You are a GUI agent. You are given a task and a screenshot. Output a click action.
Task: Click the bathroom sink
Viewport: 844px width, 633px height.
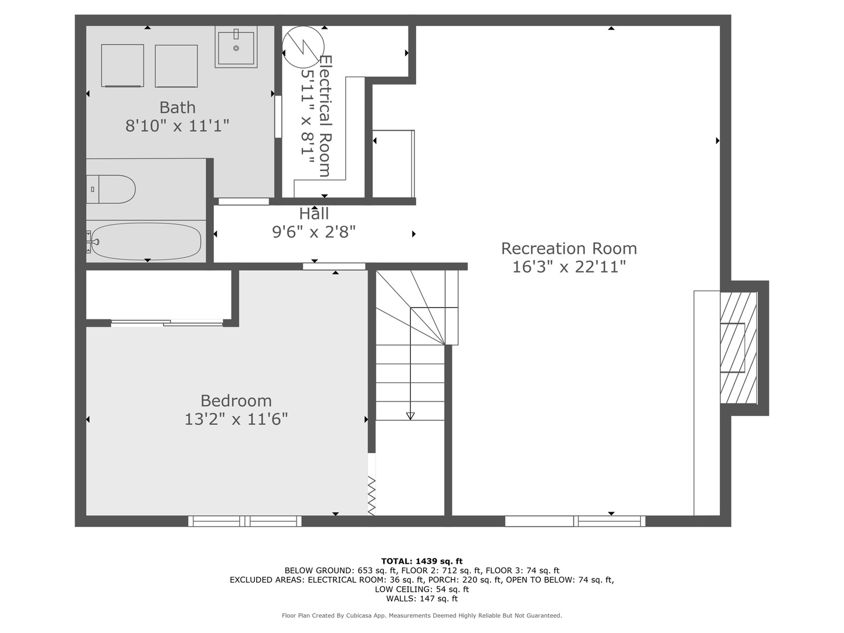click(236, 47)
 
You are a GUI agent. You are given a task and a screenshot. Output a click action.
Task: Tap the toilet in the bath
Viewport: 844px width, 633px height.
click(111, 189)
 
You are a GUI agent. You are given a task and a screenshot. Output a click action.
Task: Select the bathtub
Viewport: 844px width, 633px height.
click(146, 241)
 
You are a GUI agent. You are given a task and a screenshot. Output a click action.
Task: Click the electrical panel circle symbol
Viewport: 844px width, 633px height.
click(303, 47)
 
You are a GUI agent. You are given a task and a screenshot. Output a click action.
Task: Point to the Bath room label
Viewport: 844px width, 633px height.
click(177, 107)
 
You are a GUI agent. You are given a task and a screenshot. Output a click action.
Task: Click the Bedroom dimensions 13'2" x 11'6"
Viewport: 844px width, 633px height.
click(236, 419)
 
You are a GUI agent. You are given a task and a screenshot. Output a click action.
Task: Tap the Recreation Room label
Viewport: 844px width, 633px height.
click(569, 249)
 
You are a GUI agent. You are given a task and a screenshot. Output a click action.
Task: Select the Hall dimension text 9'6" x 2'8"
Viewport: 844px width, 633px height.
click(314, 232)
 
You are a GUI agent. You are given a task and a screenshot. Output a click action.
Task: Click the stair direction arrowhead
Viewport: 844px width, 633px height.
click(410, 416)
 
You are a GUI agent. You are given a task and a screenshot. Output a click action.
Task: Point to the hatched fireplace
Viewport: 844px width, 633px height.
click(738, 348)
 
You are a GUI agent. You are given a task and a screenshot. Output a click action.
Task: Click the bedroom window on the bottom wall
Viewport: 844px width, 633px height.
click(245, 521)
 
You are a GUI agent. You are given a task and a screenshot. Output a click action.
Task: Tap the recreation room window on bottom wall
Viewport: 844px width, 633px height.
click(575, 521)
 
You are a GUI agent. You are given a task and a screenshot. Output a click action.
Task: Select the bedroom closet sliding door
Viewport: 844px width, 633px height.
click(167, 323)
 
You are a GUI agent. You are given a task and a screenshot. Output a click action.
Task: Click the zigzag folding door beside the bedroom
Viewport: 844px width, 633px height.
click(372, 495)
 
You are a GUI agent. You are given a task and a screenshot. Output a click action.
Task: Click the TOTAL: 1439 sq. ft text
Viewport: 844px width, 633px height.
click(422, 561)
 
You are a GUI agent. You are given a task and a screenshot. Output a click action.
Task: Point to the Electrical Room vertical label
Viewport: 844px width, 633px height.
click(325, 116)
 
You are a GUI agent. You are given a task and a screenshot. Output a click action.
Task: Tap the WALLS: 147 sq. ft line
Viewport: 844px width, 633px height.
click(422, 598)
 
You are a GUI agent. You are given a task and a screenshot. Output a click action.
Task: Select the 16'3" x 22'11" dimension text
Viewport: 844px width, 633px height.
click(569, 267)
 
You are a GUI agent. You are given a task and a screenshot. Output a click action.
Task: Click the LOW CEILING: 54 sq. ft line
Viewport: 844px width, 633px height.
click(422, 589)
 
